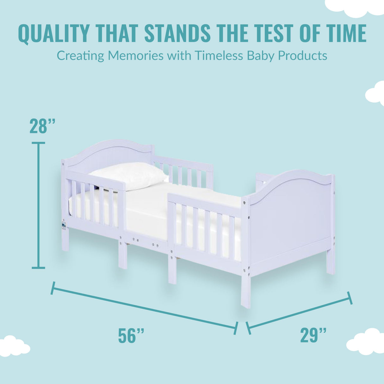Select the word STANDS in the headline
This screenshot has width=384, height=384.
click(177, 33)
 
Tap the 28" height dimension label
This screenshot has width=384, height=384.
click(43, 126)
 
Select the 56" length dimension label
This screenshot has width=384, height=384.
click(131, 336)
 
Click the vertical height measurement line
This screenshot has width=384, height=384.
click(39, 206)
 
